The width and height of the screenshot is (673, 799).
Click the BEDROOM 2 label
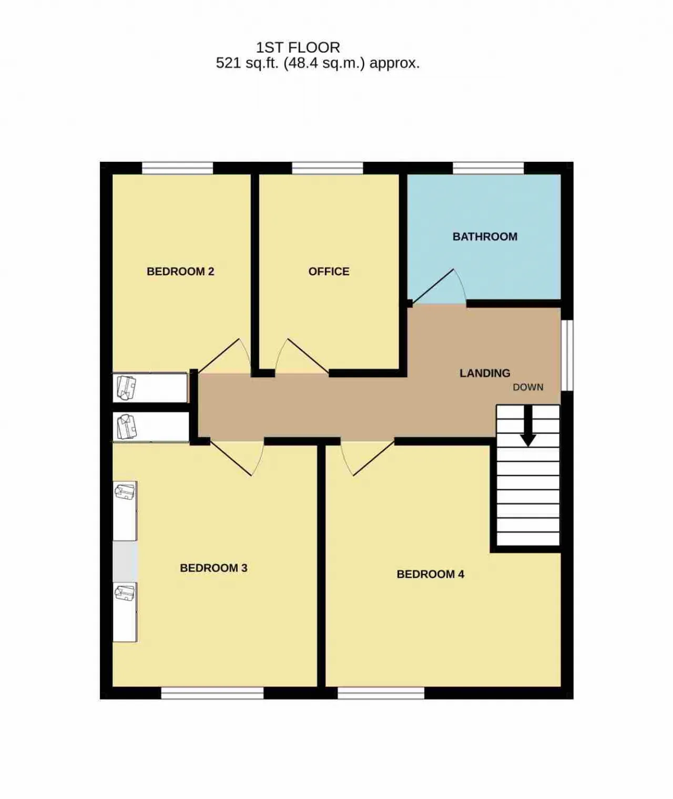[180, 271]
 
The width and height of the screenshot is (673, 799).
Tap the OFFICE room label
[329, 271]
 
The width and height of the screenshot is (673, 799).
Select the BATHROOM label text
[485, 236]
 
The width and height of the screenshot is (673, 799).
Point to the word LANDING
[485, 373]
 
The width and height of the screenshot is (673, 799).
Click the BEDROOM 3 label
[213, 568]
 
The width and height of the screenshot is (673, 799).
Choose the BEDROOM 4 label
[430, 574]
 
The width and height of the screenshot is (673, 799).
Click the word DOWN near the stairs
[528, 387]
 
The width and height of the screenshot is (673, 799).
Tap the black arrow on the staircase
[528, 426]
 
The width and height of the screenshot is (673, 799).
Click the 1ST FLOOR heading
[298, 47]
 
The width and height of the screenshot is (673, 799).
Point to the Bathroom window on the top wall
[488, 168]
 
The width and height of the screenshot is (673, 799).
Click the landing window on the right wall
[567, 355]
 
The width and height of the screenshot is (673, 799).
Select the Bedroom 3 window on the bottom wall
[212, 693]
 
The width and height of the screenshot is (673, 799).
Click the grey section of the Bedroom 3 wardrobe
[125, 562]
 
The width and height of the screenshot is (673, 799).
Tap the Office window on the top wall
[328, 168]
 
